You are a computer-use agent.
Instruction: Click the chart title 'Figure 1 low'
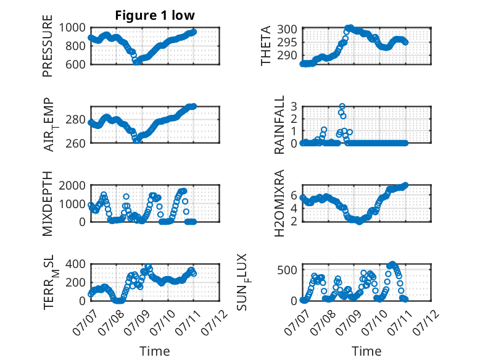pos(155,15)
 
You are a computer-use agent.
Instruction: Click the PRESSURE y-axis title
pos(48,46)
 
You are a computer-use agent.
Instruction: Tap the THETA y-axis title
pos(266,46)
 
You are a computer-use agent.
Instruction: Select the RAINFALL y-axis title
pos(279,125)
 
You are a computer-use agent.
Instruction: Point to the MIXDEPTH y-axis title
pos(48,203)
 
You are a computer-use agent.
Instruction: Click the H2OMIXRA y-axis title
pos(279,203)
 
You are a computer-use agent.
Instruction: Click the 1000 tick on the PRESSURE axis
pos(72,28)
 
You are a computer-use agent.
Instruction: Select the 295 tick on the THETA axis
pos(287,42)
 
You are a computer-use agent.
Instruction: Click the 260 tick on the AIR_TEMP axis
pos(76,143)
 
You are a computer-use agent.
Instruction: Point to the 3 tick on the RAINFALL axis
pos(294,106)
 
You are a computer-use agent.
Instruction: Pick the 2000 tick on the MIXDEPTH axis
pos(72,185)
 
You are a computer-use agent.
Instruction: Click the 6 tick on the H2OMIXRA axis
pos(294,195)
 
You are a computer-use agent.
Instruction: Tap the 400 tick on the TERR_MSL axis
pos(76,264)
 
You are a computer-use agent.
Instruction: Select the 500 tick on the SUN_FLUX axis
pos(287,270)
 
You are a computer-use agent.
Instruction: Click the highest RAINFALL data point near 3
pos(342,106)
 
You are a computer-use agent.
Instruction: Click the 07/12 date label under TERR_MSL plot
pos(215,322)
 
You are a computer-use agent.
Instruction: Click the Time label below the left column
pos(155,351)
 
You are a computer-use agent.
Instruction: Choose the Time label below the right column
pos(366,351)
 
